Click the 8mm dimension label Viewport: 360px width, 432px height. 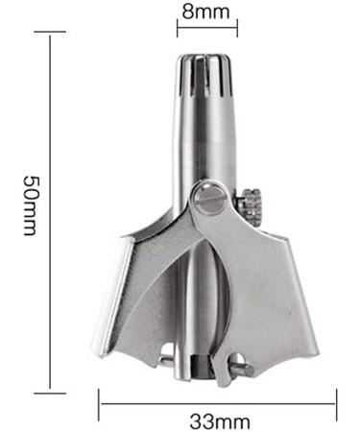tap(203, 12)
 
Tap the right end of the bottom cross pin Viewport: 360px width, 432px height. tap(247, 367)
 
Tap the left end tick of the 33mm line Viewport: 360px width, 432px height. tap(99, 403)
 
